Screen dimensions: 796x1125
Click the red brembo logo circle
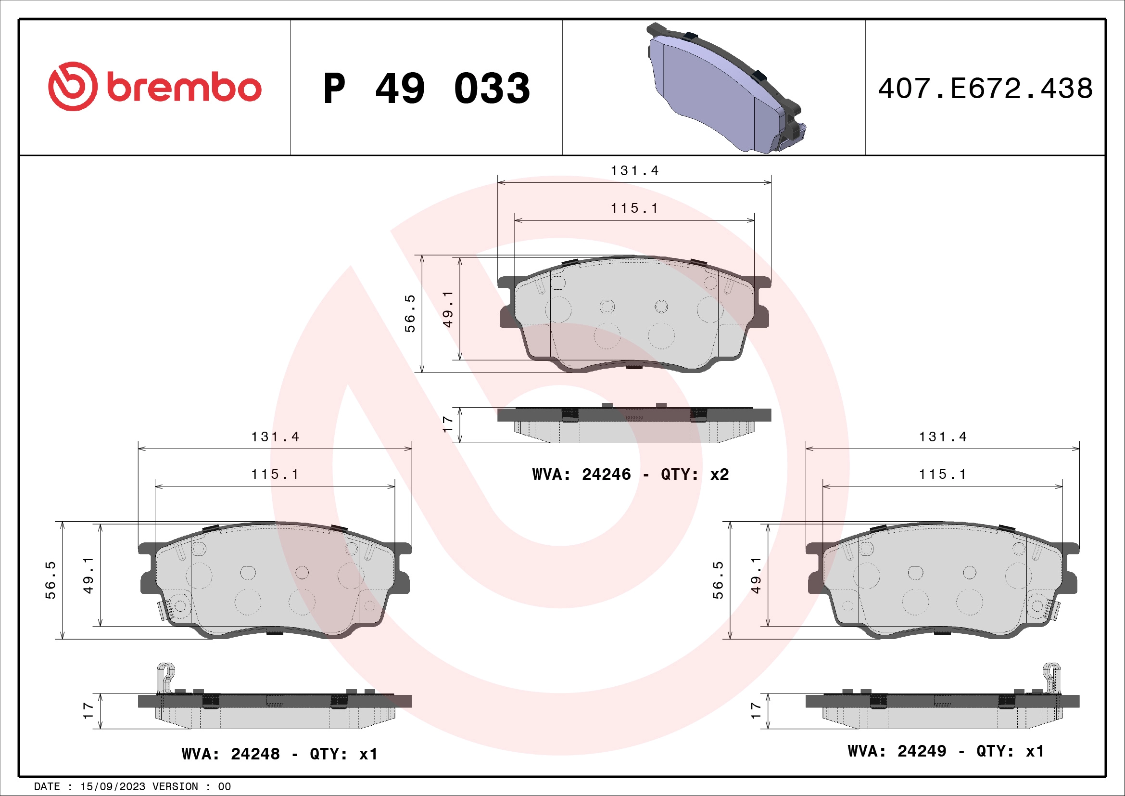pyautogui.click(x=73, y=86)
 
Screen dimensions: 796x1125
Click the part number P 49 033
pyautogui.click(x=426, y=89)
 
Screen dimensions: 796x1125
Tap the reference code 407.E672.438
pyautogui.click(x=985, y=89)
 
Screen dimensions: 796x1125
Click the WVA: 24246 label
pyautogui.click(x=581, y=475)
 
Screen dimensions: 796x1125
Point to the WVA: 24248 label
pyautogui.click(x=230, y=754)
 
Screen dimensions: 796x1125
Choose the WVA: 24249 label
pyautogui.click(x=897, y=751)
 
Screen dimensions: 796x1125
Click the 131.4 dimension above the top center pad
pyautogui.click(x=634, y=170)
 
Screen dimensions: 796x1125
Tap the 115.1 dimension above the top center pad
pyautogui.click(x=634, y=208)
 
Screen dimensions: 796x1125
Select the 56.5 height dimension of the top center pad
pyautogui.click(x=410, y=314)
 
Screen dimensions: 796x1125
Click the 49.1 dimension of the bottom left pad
pyautogui.click(x=88, y=575)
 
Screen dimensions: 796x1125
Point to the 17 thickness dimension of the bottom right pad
pyautogui.click(x=756, y=711)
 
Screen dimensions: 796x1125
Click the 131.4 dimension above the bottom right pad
pyautogui.click(x=943, y=437)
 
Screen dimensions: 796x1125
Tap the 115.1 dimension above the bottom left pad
pyautogui.click(x=275, y=475)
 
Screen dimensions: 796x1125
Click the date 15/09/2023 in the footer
pyautogui.click(x=113, y=787)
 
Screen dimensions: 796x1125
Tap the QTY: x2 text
pyautogui.click(x=695, y=475)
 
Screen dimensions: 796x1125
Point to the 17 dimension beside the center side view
pyautogui.click(x=447, y=424)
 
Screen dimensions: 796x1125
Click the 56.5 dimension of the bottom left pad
pyautogui.click(x=51, y=580)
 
